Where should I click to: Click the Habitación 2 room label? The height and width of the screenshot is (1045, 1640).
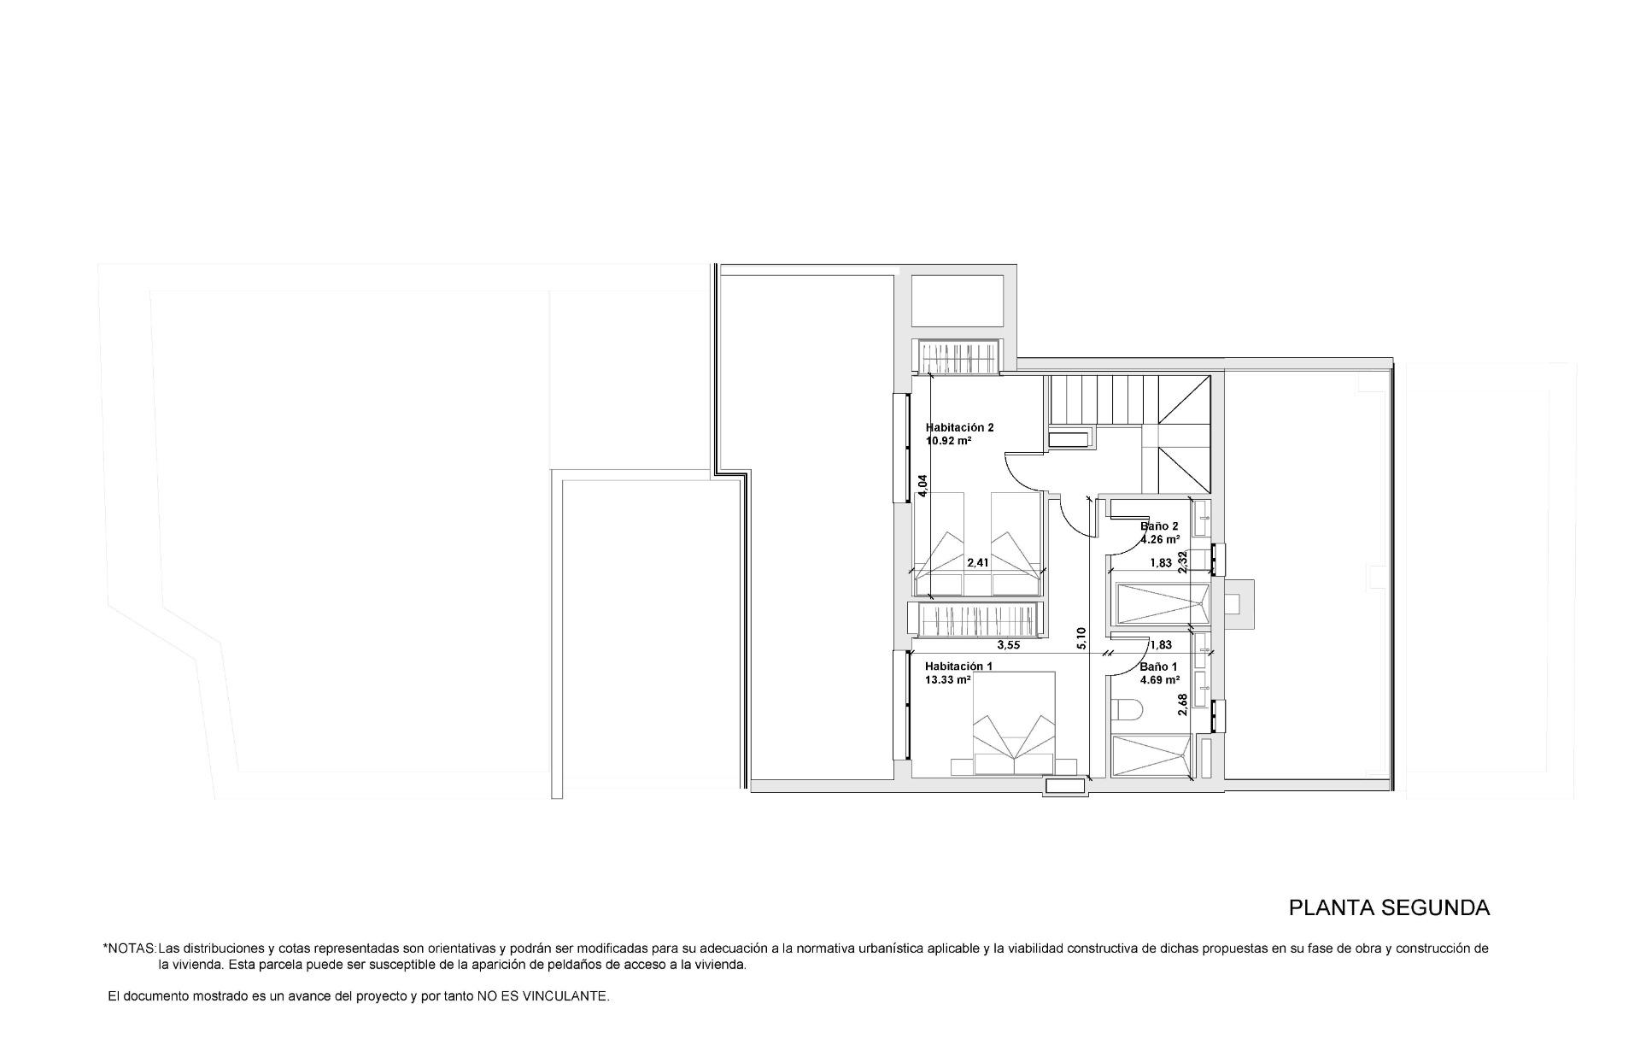(959, 427)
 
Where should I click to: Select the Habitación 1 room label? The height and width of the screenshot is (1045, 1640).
(958, 666)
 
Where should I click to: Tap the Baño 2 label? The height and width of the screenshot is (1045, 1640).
(1159, 526)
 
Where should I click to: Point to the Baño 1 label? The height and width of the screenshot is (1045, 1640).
(1158, 666)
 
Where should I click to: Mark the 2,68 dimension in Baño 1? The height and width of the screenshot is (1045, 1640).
(1183, 704)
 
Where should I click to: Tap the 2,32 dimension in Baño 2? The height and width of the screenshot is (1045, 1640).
(1183, 561)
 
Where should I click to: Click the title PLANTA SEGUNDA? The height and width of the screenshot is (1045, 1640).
(1389, 907)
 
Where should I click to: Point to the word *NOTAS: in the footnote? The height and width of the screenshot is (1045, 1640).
(130, 948)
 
